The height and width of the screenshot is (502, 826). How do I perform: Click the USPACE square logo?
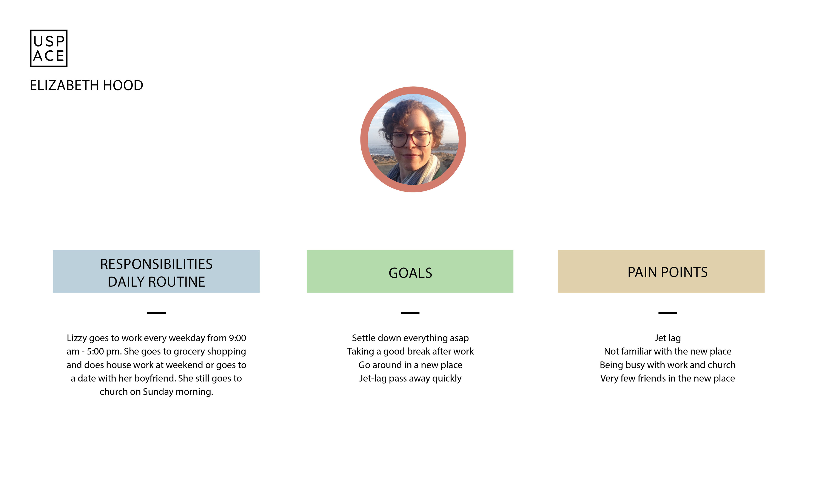pos(49,48)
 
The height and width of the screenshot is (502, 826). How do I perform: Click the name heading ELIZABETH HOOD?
pos(86,85)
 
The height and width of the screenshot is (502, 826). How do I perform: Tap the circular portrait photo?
pos(413,139)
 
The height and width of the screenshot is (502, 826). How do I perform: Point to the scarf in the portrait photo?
pos(417,171)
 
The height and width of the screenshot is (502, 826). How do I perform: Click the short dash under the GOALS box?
pos(410,313)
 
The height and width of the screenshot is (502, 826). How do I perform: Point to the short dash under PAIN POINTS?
pos(668,313)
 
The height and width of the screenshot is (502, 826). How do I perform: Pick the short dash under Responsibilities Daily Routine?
pos(156,313)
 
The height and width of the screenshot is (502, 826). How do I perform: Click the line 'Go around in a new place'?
pos(410,365)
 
